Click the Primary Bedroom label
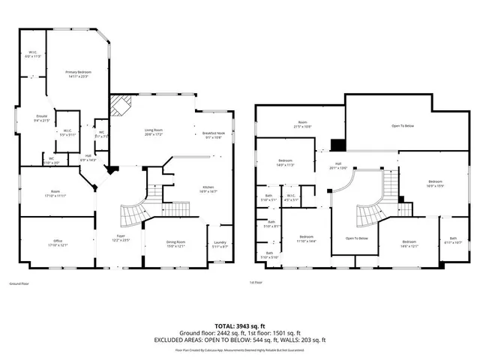[x=77, y=73]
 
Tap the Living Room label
[x=154, y=132]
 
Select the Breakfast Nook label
[x=214, y=135]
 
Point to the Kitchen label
[x=208, y=190]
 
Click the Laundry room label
[x=220, y=244]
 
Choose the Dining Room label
[x=175, y=244]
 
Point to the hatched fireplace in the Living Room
[x=121, y=106]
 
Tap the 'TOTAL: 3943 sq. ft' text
[x=240, y=325]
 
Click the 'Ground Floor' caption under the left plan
[x=19, y=284]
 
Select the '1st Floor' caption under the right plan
[x=256, y=283]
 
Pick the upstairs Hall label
[x=338, y=166]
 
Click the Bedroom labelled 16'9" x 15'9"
[x=436, y=183]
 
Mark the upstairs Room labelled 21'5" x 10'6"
[x=302, y=125]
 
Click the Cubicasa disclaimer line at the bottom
[x=240, y=349]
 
